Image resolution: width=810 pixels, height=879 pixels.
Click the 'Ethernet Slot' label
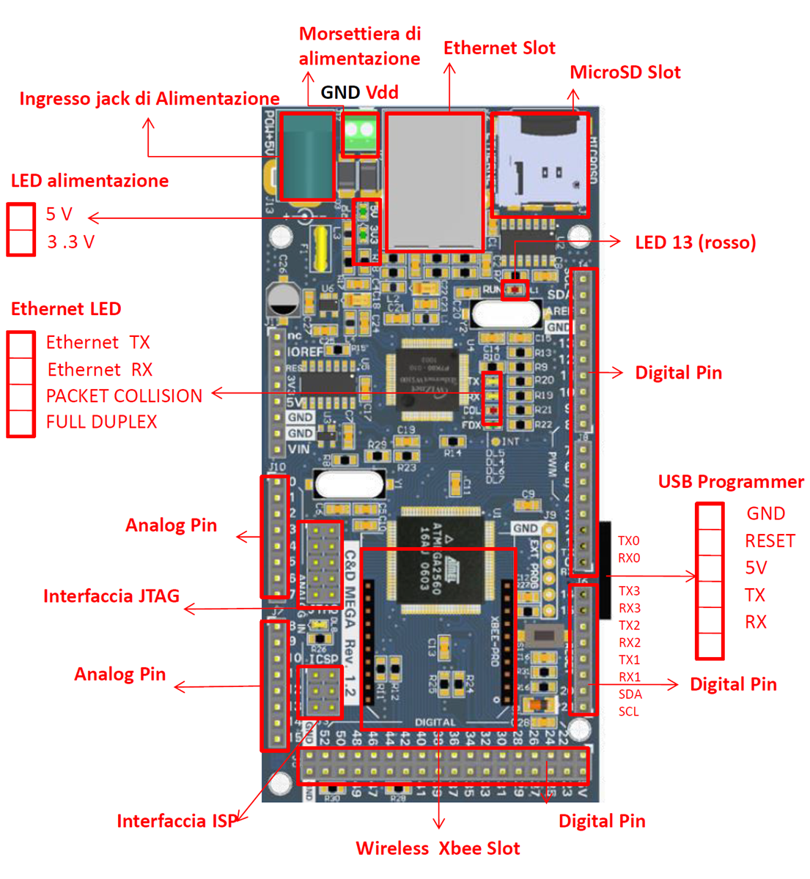coord(499,48)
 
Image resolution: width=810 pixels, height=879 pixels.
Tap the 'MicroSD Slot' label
coord(625,73)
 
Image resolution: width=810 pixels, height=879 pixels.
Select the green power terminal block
coord(360,133)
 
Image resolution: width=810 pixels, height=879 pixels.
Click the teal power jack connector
coord(307,155)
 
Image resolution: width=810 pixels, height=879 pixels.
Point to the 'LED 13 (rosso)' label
coord(695,242)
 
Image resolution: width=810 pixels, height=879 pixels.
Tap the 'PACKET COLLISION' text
coord(124,396)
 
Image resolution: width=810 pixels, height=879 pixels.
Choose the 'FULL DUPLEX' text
coord(101,422)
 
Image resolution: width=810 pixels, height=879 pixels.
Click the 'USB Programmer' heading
coord(730,482)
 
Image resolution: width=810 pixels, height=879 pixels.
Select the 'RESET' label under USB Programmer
coord(770,541)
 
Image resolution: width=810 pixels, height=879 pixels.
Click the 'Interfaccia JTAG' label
coord(111,596)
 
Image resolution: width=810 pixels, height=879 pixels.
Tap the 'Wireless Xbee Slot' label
coord(438,848)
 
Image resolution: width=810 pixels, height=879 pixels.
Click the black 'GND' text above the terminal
coord(340,92)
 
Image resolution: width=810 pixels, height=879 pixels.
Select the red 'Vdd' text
coord(382,92)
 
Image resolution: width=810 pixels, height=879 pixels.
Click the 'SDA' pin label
coord(630,694)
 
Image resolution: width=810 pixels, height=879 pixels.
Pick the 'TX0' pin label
coord(628,541)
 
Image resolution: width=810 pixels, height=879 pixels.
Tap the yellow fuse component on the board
coord(320,248)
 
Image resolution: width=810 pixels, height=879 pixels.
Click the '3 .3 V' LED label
coord(70,242)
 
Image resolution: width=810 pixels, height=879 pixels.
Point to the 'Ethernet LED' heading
coord(66,309)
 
